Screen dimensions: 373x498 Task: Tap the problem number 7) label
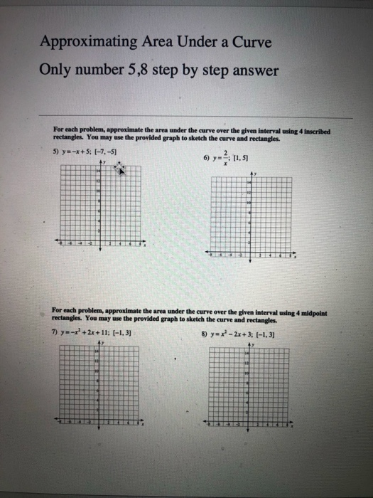tap(57, 333)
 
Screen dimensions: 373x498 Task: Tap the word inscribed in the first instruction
tap(317, 130)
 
